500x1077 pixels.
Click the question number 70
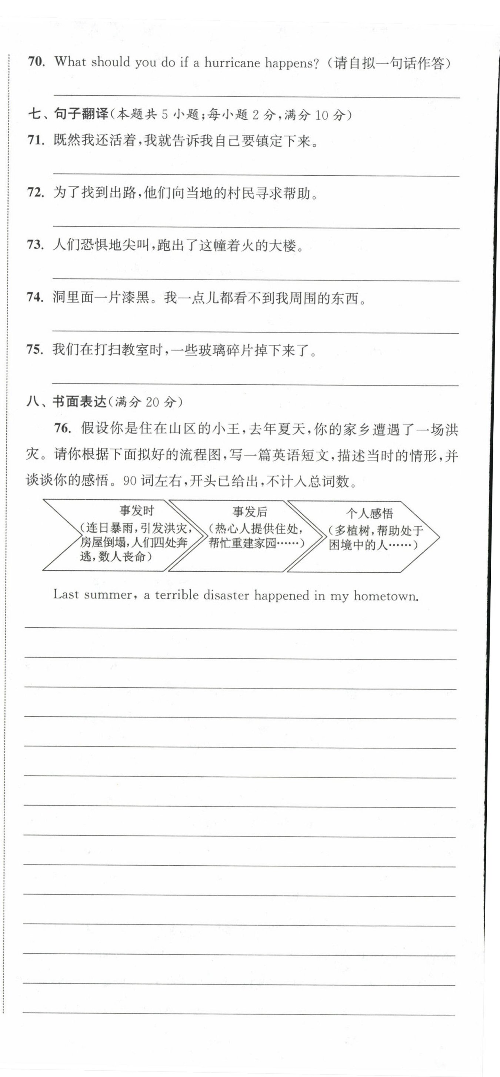click(36, 62)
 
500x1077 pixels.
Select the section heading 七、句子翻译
click(68, 114)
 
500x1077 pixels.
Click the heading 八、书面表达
click(66, 402)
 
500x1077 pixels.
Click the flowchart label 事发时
click(137, 511)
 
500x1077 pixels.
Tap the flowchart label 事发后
click(250, 512)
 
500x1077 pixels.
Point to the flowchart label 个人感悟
click(369, 513)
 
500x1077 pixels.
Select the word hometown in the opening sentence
click(386, 596)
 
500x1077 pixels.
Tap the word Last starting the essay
click(66, 595)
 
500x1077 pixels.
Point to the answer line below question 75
click(255, 384)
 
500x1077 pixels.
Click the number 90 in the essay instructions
click(130, 481)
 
